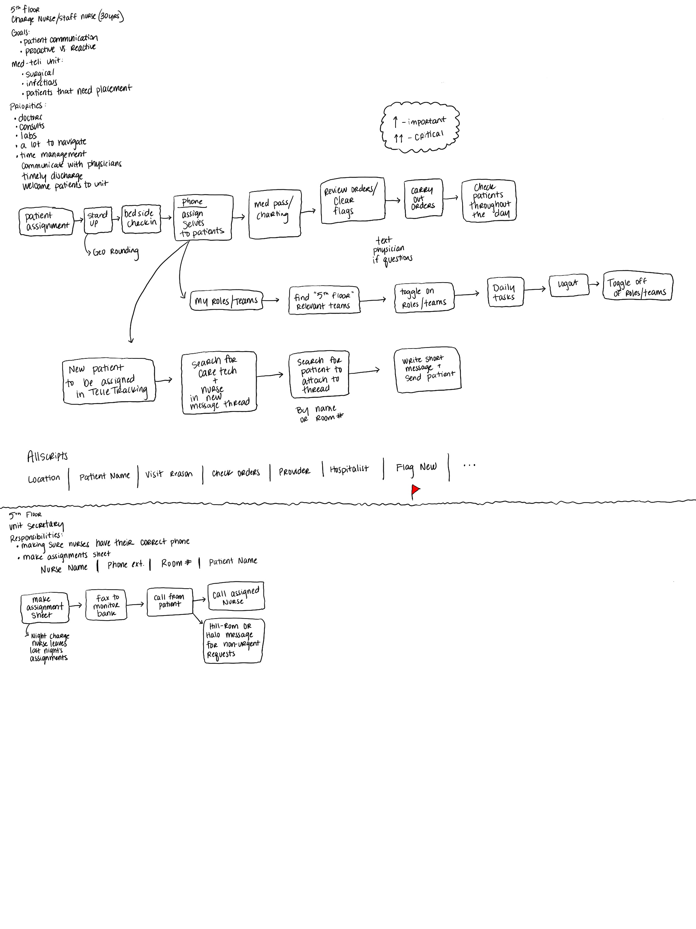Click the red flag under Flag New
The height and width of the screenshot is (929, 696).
(416, 490)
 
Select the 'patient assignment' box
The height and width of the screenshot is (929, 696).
(46, 221)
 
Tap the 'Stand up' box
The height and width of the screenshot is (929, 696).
(98, 220)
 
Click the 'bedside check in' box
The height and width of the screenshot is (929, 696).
(141, 218)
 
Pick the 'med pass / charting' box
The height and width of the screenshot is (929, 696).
(275, 215)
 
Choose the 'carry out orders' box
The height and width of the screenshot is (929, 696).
(423, 199)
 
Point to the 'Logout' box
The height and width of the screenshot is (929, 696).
(568, 285)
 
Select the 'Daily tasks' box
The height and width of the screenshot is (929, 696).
(505, 292)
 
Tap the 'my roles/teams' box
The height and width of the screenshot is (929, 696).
(226, 301)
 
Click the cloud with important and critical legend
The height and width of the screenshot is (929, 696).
(420, 127)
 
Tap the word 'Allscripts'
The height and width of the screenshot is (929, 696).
(48, 456)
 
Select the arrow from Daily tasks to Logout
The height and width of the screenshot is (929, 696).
(535, 289)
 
